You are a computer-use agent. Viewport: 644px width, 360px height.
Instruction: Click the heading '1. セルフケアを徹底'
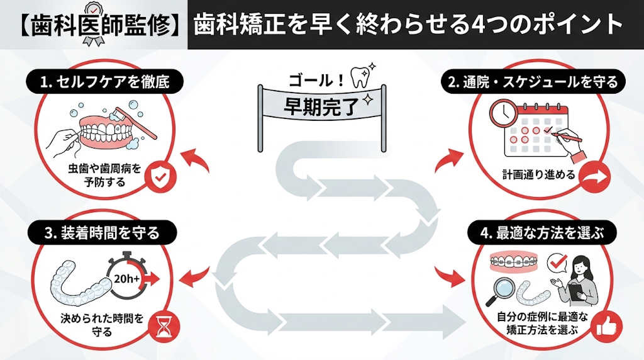tap(106, 81)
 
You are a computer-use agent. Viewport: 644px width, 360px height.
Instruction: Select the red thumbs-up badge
tap(608, 325)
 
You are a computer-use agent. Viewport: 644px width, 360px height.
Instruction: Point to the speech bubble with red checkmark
tap(557, 262)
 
